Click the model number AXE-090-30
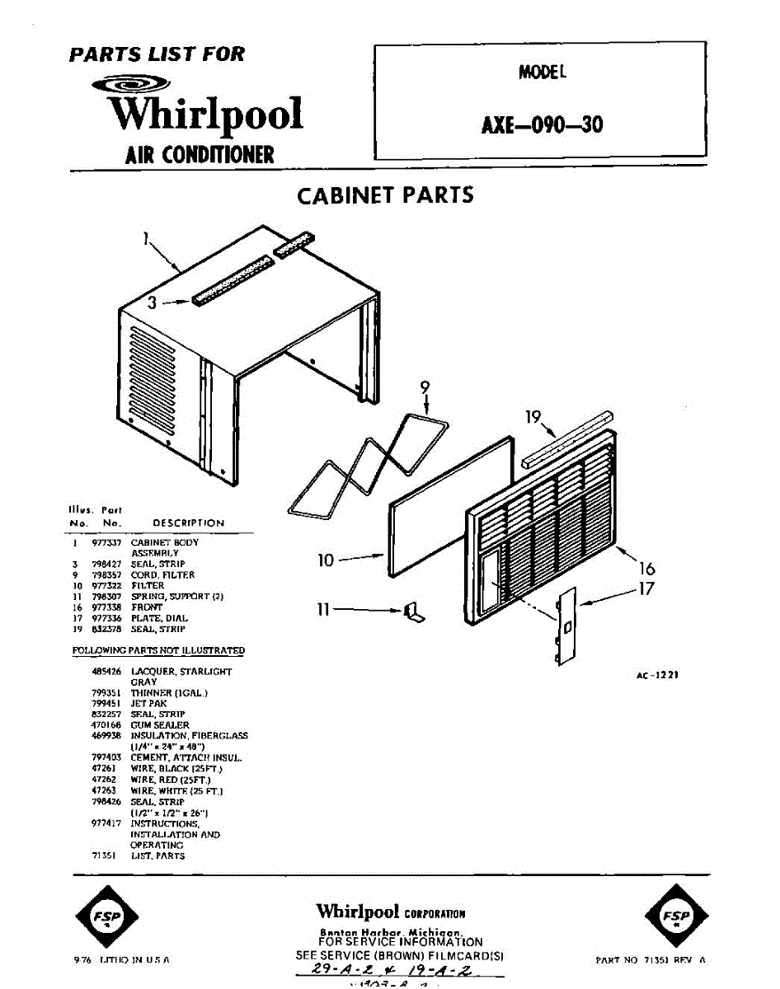(x=542, y=124)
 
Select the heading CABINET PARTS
(x=385, y=196)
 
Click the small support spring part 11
(x=414, y=612)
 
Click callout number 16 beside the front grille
(x=647, y=568)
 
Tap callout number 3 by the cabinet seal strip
(x=152, y=302)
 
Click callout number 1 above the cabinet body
(x=145, y=239)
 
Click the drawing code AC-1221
(x=657, y=674)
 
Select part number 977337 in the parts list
(x=106, y=543)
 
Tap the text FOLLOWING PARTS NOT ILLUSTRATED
(x=158, y=650)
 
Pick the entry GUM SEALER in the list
(x=160, y=725)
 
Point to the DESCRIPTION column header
(x=188, y=523)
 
